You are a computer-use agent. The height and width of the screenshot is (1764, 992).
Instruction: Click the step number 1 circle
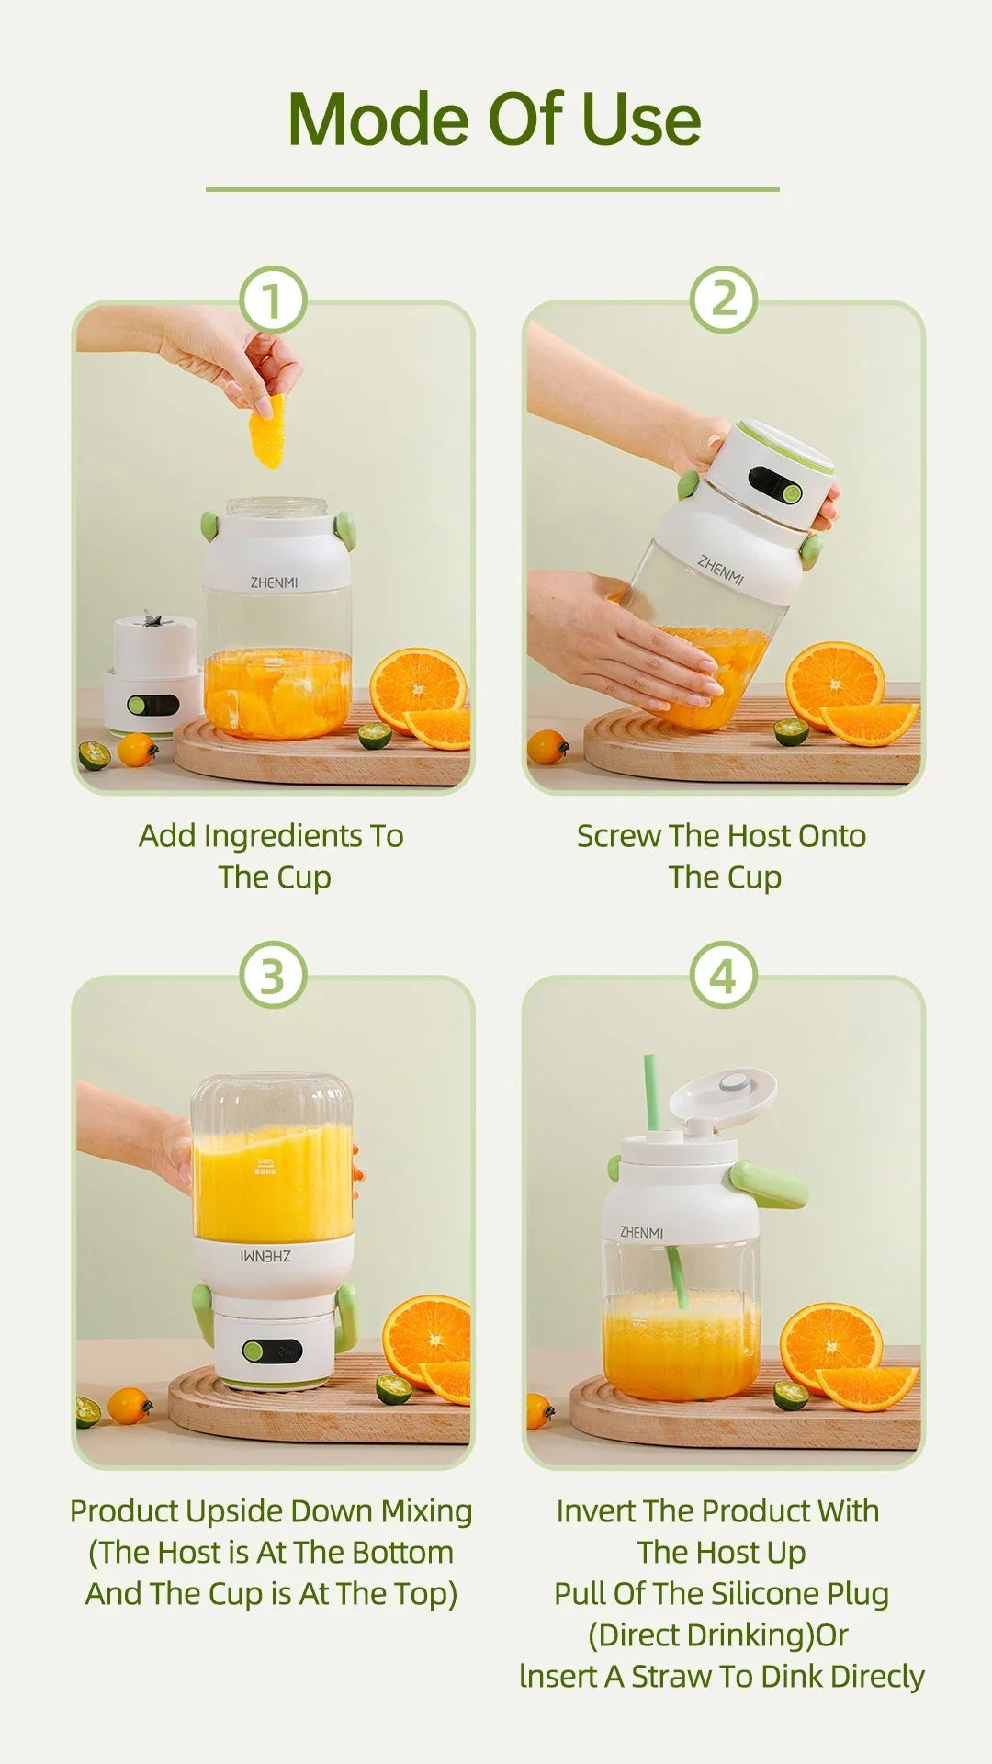272,300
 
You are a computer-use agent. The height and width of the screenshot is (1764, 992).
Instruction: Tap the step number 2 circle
724,300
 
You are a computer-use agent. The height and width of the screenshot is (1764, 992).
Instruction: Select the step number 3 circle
272,975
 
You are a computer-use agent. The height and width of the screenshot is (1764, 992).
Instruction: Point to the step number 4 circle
724,975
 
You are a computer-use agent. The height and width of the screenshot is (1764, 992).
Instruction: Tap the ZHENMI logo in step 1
274,582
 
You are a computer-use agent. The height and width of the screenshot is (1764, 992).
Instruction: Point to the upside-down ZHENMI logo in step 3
265,1255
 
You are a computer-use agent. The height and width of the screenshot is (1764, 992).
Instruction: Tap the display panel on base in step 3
274,1351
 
